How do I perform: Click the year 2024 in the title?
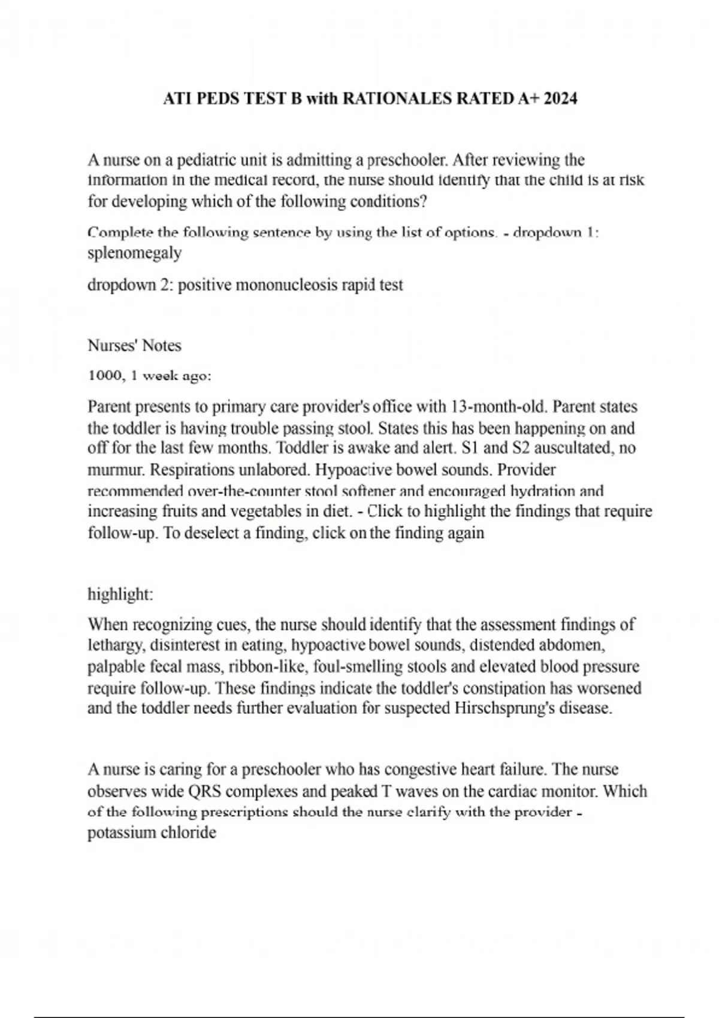(561, 99)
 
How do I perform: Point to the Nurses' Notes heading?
(134, 346)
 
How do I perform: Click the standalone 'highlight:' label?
(120, 595)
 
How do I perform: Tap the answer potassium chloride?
(152, 833)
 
